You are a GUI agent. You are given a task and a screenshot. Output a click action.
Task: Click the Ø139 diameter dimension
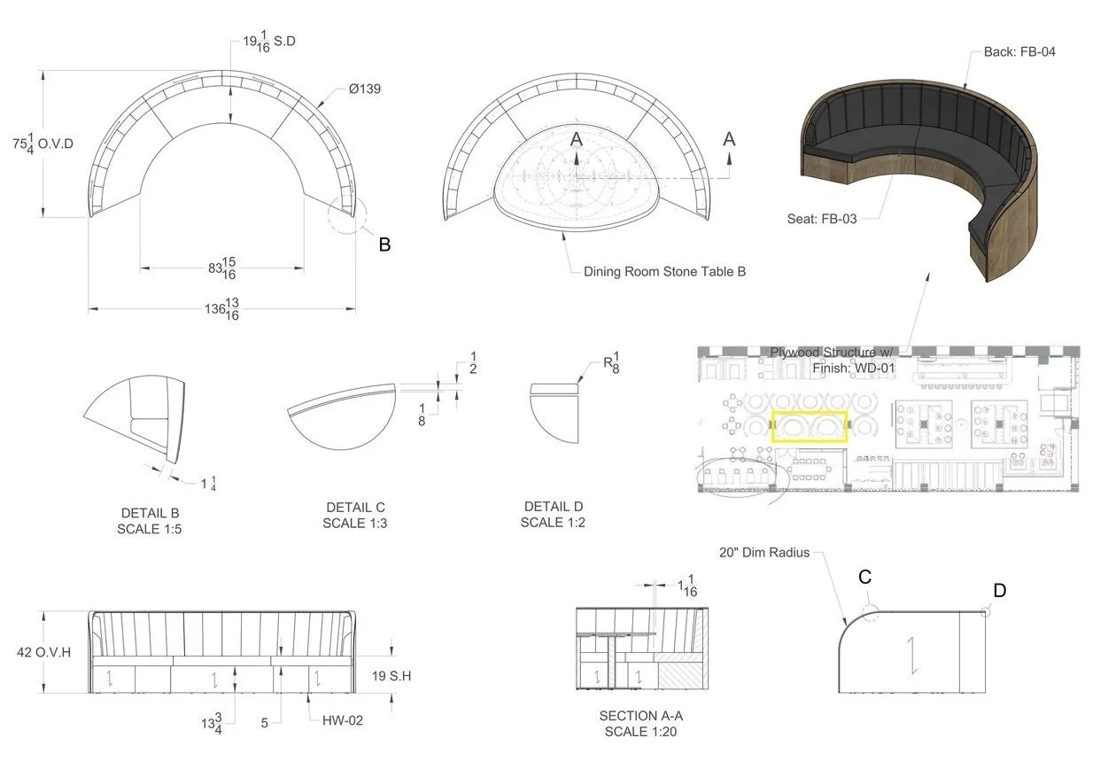[364, 90]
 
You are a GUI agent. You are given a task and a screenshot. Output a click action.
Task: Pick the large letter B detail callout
[384, 245]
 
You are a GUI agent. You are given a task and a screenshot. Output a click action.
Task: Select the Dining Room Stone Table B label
[664, 272]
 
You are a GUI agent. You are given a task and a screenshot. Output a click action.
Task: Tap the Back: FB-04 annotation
[1019, 52]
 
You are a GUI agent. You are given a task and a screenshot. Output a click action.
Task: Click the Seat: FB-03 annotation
[821, 218]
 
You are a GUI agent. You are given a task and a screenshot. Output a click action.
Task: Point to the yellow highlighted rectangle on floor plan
[810, 426]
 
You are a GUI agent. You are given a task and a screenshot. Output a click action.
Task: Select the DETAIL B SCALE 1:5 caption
[150, 521]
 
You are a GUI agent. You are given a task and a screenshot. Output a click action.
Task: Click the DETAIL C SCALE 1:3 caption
[355, 515]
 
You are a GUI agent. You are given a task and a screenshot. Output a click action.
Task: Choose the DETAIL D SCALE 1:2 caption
[553, 515]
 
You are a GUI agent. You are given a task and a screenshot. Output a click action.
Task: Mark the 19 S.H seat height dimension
[391, 676]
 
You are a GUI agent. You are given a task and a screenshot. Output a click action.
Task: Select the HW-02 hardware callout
[342, 720]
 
